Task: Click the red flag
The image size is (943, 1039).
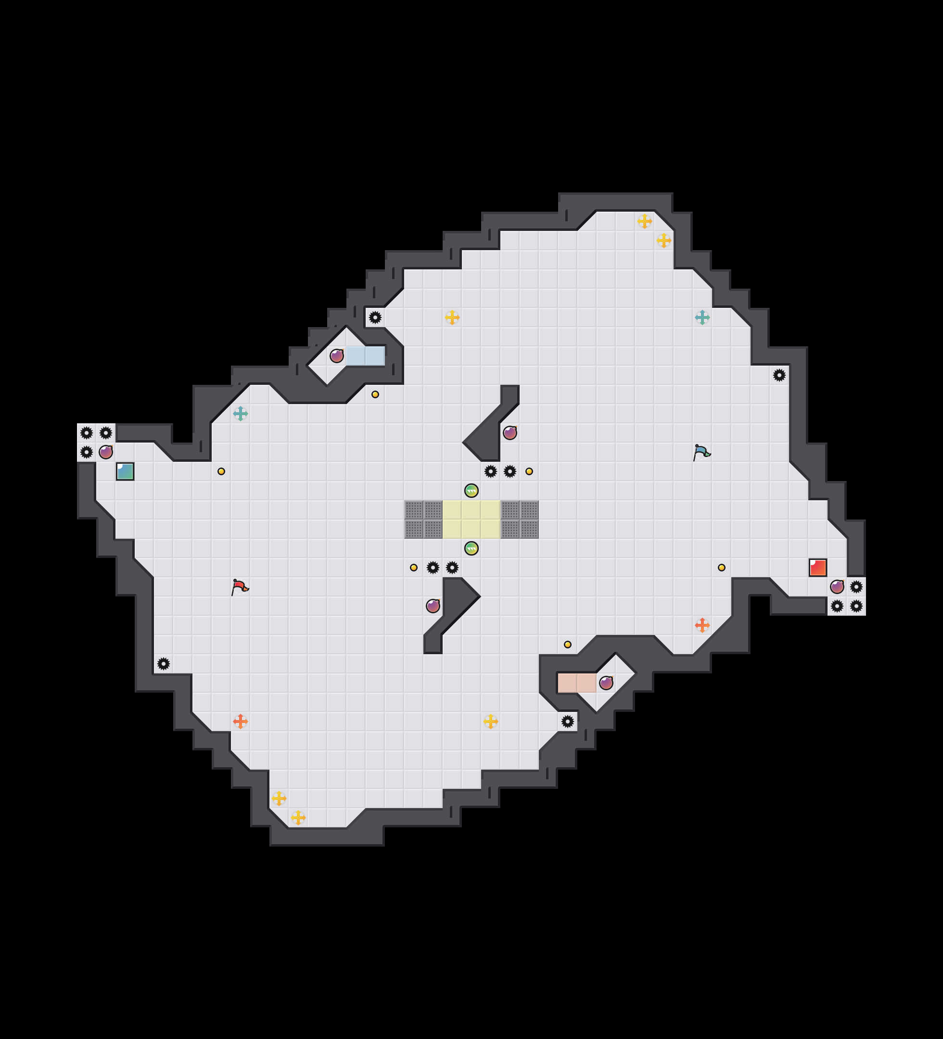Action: click(240, 586)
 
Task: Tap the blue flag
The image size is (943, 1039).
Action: click(701, 452)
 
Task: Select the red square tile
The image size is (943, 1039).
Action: click(818, 568)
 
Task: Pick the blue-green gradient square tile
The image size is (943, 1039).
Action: click(125, 471)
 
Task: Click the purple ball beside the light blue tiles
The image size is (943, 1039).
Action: click(337, 355)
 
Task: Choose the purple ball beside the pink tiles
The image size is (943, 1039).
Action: click(606, 683)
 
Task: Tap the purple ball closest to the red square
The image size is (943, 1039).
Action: click(837, 586)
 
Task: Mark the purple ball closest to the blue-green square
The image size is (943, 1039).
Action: click(106, 452)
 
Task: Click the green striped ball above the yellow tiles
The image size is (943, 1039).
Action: click(471, 490)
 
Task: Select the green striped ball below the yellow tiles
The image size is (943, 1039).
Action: click(471, 548)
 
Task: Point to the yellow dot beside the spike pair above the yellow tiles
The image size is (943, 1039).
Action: click(529, 471)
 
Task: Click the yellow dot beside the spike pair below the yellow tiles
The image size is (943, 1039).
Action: click(413, 568)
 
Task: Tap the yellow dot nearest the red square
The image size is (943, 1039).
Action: click(721, 568)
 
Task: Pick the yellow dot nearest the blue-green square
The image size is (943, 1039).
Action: click(221, 471)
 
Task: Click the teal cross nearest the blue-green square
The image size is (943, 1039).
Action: click(240, 413)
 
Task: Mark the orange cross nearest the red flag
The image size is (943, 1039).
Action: click(240, 721)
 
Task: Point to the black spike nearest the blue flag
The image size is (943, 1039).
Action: click(779, 375)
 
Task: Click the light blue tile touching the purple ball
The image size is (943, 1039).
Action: click(356, 355)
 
